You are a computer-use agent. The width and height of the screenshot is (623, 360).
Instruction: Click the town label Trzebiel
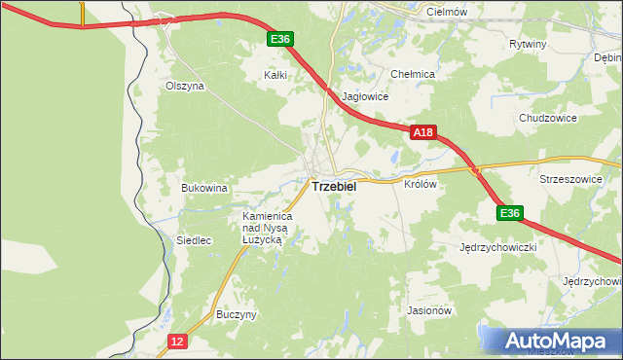333,185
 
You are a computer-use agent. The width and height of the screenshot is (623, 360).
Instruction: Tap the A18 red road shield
421,131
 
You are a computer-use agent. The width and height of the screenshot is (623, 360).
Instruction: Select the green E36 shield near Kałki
280,39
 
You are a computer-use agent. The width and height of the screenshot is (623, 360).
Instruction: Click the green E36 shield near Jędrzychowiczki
509,213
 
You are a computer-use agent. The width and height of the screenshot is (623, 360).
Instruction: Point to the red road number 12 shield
176,341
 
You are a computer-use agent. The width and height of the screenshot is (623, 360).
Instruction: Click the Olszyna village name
184,86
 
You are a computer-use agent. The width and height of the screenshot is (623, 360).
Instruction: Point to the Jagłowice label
366,97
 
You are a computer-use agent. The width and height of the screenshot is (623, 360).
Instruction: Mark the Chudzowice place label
548,118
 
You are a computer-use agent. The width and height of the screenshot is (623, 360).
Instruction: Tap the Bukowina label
204,187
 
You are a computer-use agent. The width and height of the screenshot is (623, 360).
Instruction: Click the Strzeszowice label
573,180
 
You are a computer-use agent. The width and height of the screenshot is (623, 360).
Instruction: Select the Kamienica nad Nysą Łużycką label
262,227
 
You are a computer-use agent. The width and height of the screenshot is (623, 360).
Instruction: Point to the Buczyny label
237,315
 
